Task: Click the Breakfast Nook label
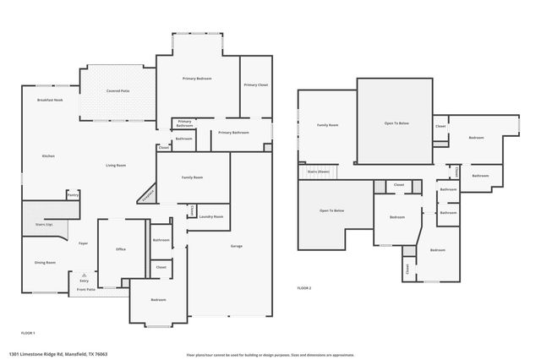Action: (50, 101)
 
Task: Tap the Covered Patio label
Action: (117, 90)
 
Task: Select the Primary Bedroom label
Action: (197, 79)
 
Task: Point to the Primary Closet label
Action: (256, 85)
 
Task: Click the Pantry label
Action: (73, 196)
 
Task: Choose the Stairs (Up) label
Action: (43, 225)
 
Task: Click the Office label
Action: (121, 249)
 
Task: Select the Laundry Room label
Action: (211, 217)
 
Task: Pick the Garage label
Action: (237, 246)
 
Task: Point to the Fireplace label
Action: (147, 195)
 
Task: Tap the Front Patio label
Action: (86, 290)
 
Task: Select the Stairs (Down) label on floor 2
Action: (318, 172)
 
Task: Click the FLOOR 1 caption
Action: (28, 333)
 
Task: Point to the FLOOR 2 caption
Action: (304, 288)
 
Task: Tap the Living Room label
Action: (116, 165)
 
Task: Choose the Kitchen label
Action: (49, 156)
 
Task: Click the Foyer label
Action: (84, 243)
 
